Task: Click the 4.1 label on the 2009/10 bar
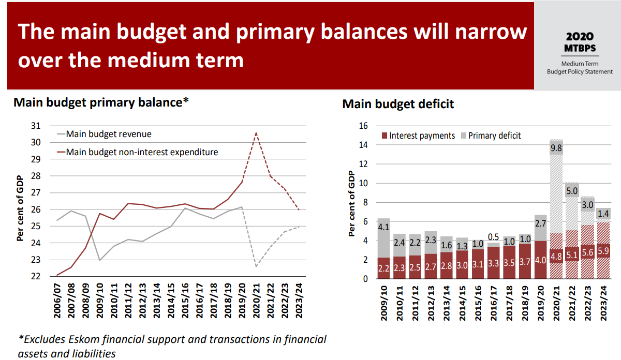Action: coord(383,226)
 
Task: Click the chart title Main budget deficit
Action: coord(397,103)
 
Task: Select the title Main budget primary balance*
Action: coord(101,102)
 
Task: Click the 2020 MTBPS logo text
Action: coord(580,42)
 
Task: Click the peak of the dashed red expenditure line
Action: coord(256,133)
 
